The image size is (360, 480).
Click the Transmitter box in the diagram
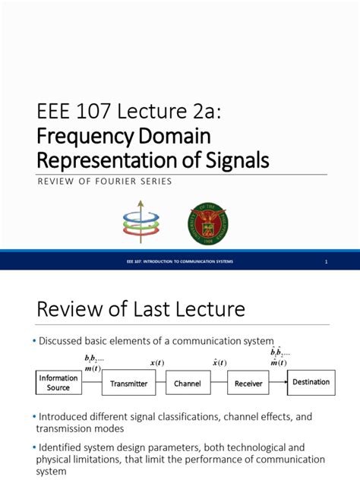pyautogui.click(x=128, y=384)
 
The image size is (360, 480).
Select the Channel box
pyautogui.click(x=187, y=384)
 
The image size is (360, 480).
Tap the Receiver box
pyautogui.click(x=248, y=384)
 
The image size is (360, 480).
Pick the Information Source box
pyautogui.click(x=58, y=384)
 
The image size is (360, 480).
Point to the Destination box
pyautogui.click(x=311, y=382)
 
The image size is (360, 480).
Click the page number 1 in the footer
pyautogui.click(x=326, y=262)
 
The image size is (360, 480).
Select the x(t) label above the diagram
pyautogui.click(x=159, y=363)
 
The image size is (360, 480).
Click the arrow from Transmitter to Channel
pyautogui.click(x=159, y=384)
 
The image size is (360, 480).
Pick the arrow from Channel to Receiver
pyautogui.click(x=216, y=384)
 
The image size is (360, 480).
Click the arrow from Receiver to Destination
pyautogui.click(x=278, y=383)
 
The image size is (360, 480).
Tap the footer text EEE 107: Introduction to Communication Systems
pyautogui.click(x=180, y=262)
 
